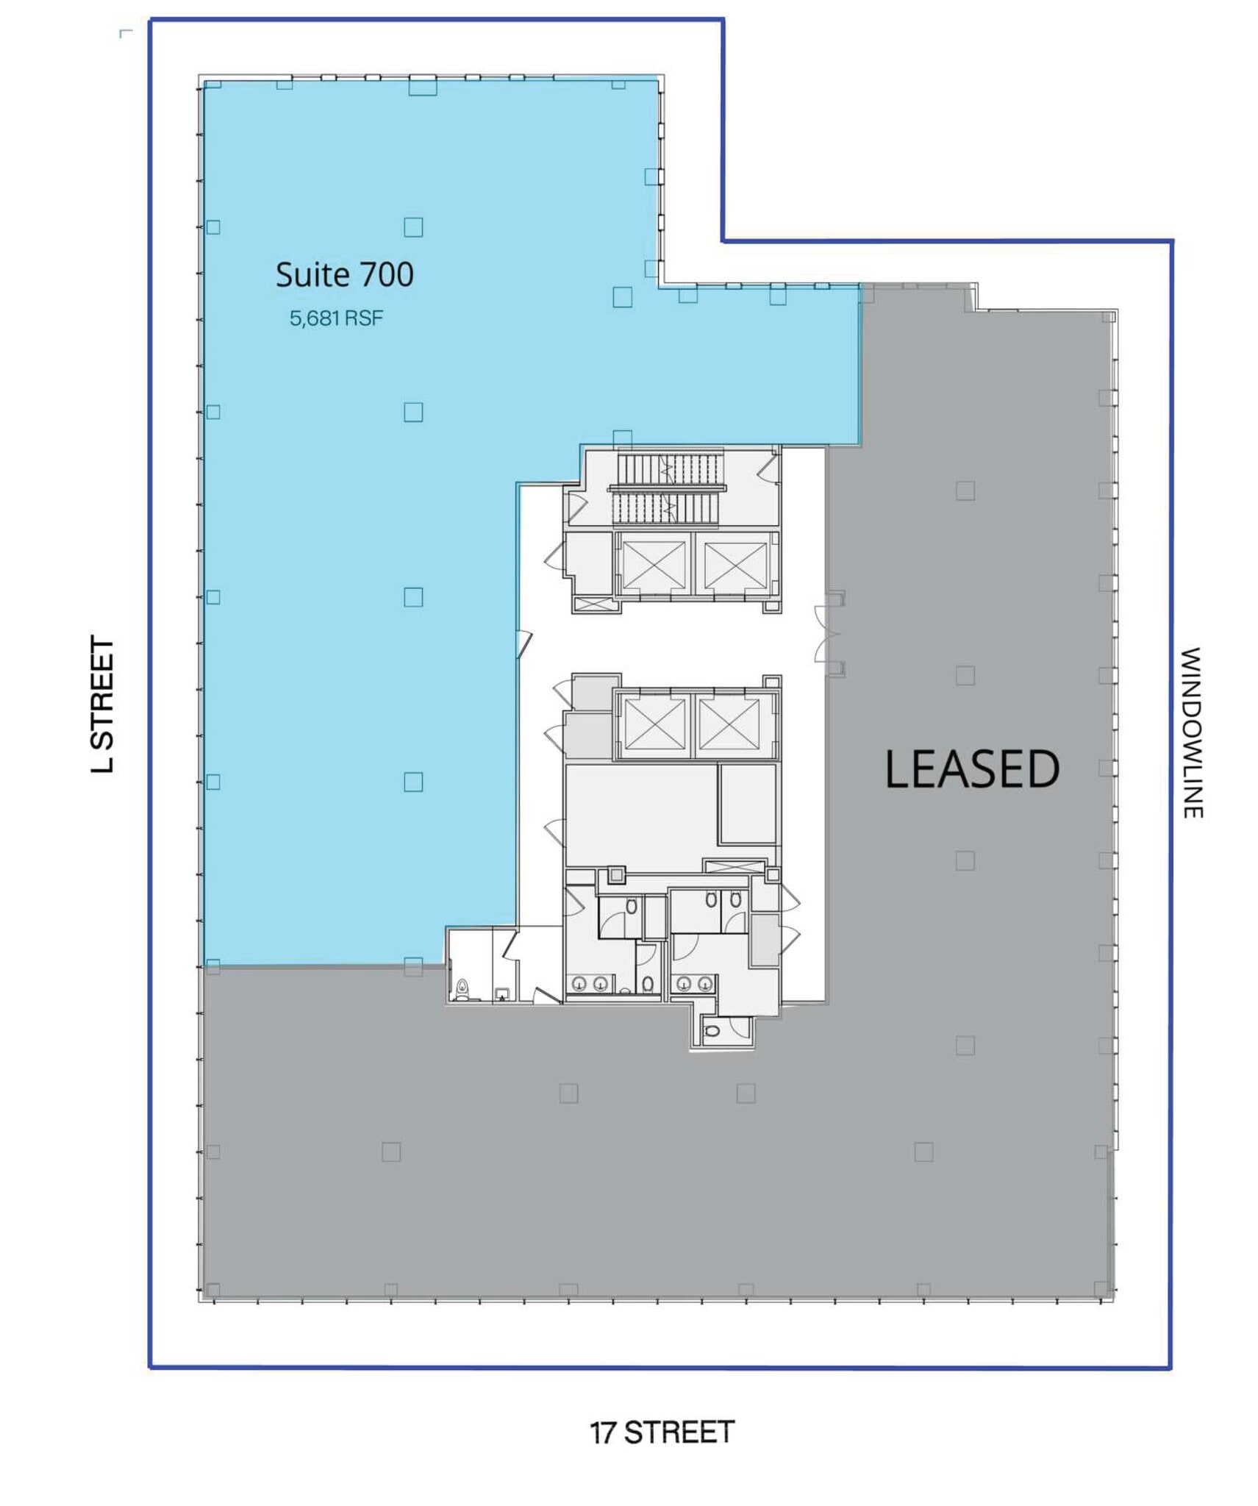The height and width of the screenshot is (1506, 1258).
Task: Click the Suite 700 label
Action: [343, 275]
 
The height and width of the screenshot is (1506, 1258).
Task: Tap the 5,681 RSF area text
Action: [335, 318]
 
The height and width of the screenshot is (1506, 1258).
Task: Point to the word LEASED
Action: [971, 770]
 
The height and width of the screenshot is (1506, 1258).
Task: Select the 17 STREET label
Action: [661, 1432]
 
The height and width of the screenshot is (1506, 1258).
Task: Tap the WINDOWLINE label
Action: [1191, 732]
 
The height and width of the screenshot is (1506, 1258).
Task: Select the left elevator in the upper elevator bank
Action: [653, 565]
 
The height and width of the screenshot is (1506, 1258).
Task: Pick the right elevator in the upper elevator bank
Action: [735, 565]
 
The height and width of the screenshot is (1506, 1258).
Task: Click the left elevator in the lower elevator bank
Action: [654, 724]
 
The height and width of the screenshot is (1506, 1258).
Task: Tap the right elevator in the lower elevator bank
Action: [729, 724]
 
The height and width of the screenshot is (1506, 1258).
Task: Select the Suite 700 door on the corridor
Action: [523, 643]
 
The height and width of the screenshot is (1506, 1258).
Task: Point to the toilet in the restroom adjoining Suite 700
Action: [462, 988]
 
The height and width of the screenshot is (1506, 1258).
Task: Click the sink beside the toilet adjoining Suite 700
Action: [501, 993]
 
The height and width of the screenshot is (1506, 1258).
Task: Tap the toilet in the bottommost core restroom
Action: [711, 1030]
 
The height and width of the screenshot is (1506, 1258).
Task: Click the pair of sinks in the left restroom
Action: [590, 983]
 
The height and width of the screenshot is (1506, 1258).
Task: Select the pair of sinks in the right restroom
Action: [694, 982]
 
